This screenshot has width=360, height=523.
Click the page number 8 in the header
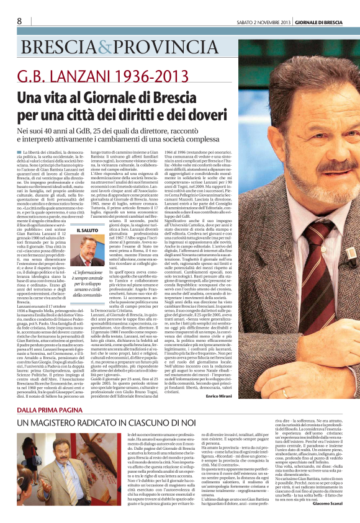tap(19, 21)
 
